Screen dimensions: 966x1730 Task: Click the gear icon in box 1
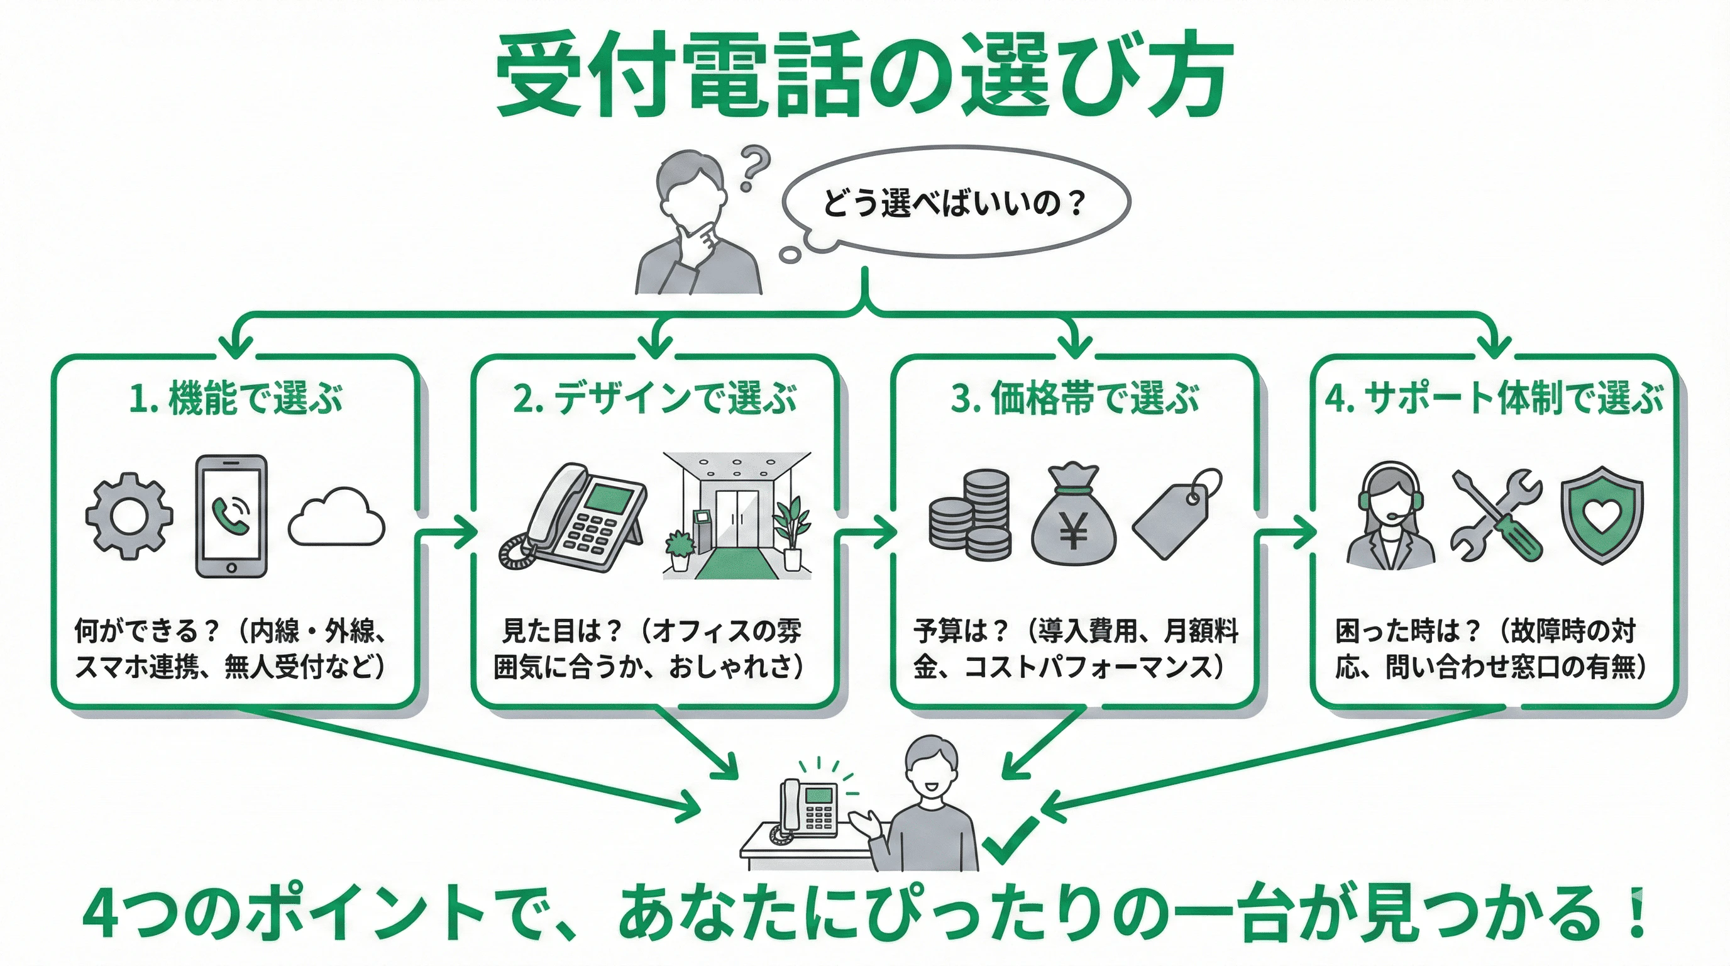pyautogui.click(x=129, y=516)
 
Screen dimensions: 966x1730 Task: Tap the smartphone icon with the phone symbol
pyautogui.click(x=231, y=516)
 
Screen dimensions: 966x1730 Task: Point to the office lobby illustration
pyautogui.click(x=737, y=516)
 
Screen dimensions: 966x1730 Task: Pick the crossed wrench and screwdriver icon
pyautogui.click(x=1496, y=516)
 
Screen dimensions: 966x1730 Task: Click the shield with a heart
pyautogui.click(x=1601, y=514)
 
